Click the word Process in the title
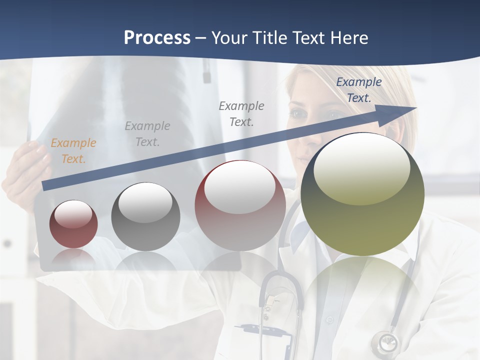tap(157, 38)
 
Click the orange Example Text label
tap(73, 151)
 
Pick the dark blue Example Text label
tap(358, 90)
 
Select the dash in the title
tap(200, 38)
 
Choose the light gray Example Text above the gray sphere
tap(147, 134)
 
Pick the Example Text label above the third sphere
tap(241, 113)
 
